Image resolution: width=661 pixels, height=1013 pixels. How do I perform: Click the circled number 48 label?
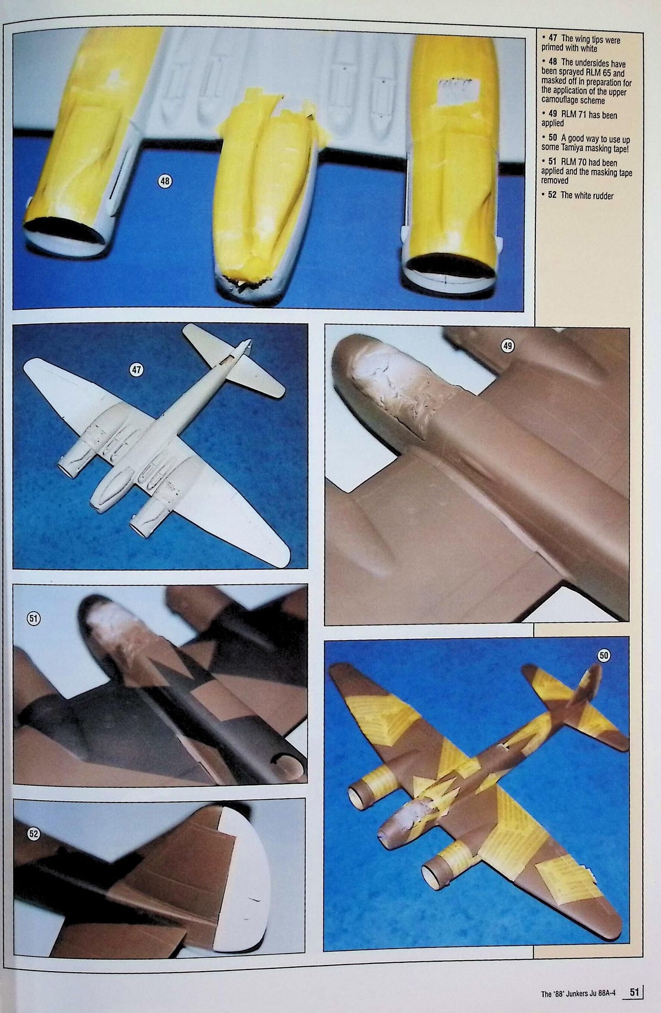165,180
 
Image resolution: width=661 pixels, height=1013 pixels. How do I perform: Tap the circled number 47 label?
136,370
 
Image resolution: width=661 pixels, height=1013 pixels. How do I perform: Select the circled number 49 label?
507,346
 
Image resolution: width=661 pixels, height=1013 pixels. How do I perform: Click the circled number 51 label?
34,618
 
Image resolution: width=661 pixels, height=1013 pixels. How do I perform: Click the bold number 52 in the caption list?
552,195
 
